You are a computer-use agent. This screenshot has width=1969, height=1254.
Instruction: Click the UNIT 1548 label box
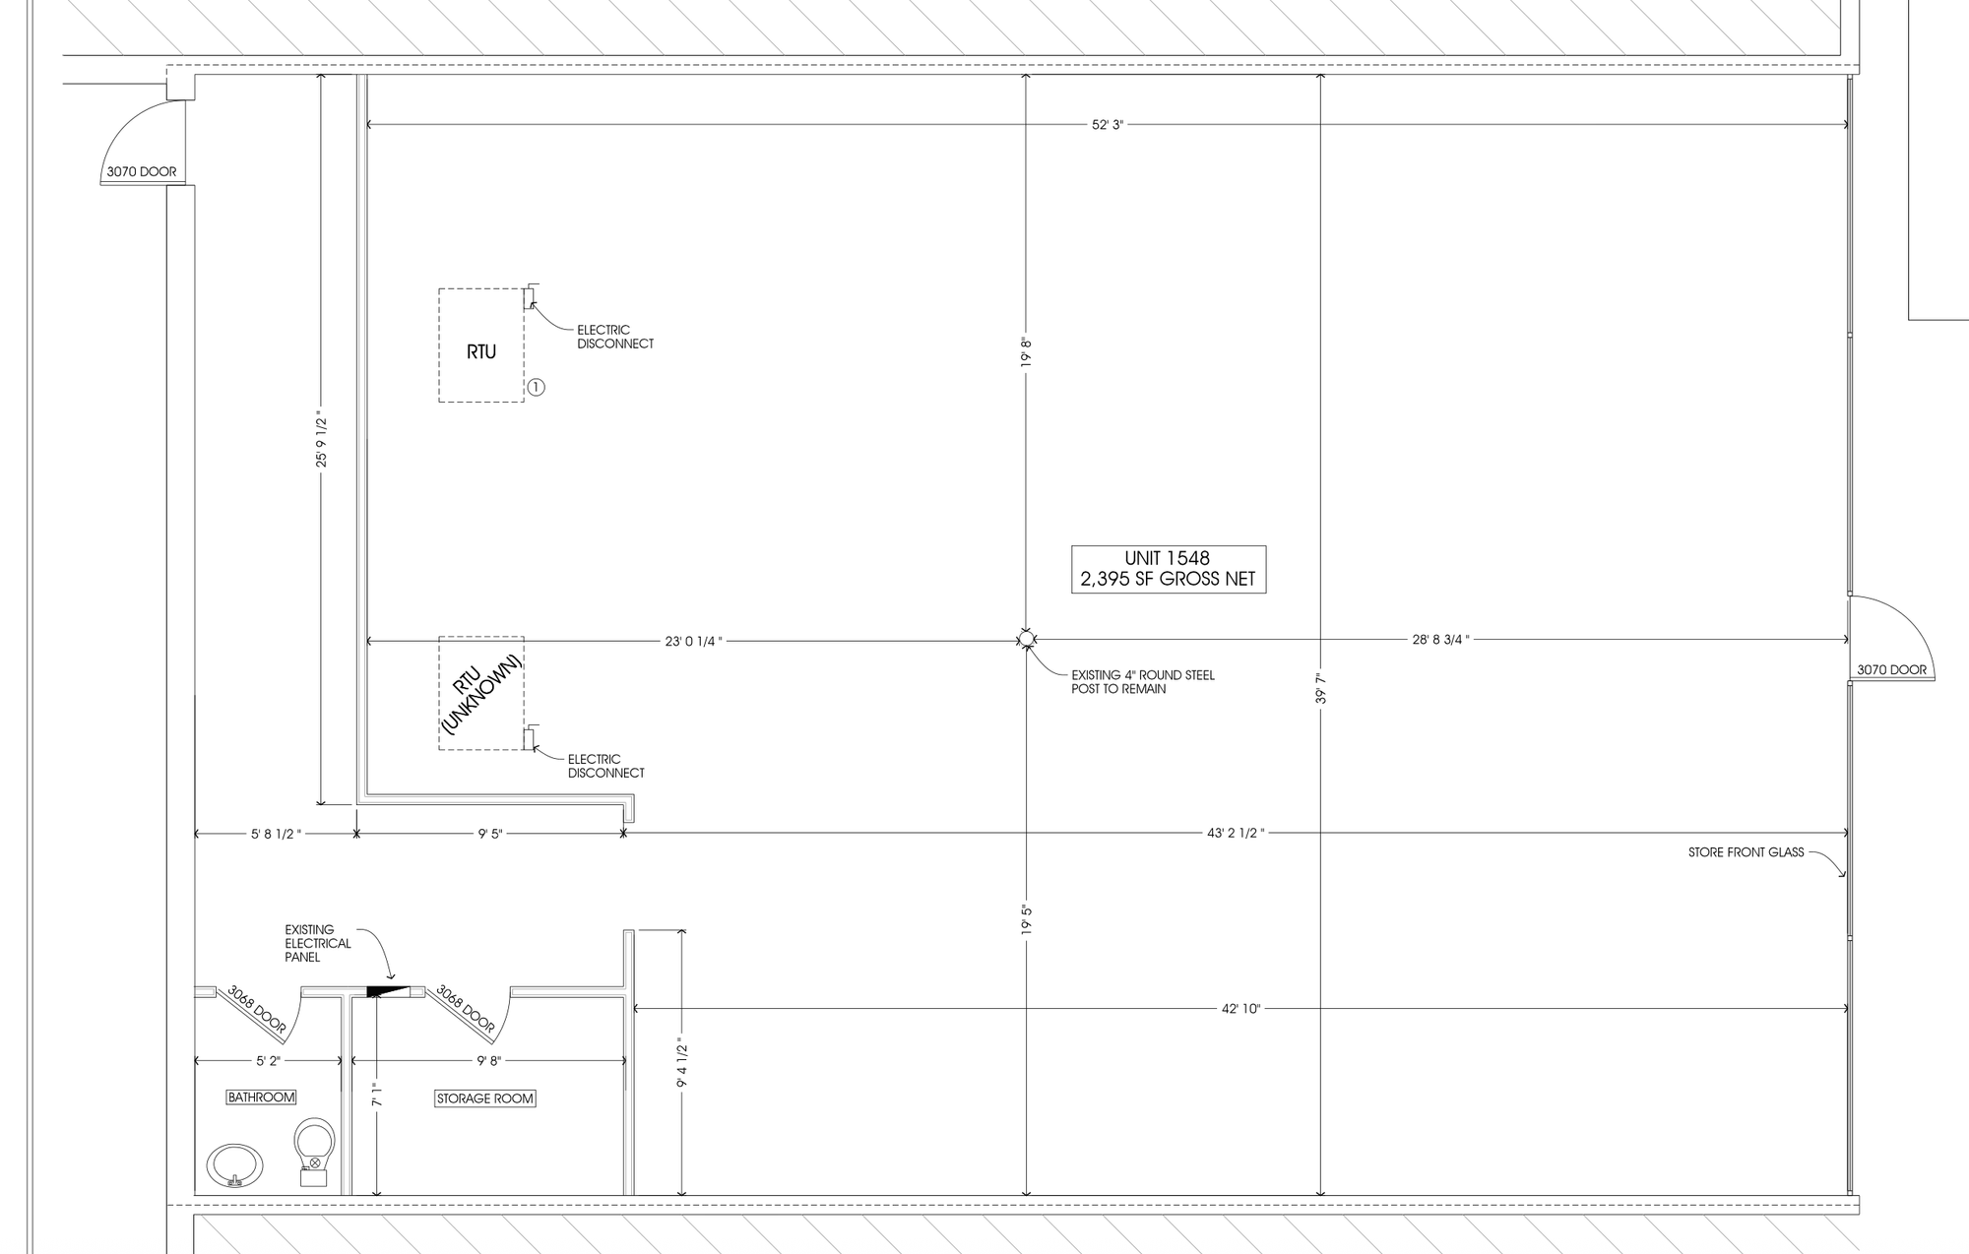(x=1169, y=570)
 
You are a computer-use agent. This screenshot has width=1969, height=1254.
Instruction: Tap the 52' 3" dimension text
(x=1108, y=125)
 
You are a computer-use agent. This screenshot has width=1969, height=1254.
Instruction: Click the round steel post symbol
(x=1026, y=640)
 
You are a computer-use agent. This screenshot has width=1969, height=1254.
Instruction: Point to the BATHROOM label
(x=261, y=1097)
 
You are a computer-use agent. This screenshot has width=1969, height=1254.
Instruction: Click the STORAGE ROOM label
(x=485, y=1098)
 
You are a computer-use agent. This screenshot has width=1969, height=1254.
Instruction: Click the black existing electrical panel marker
(x=387, y=990)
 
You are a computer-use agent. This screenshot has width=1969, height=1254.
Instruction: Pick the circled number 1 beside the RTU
(x=536, y=388)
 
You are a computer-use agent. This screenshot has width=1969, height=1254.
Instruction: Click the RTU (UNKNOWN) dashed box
(x=481, y=693)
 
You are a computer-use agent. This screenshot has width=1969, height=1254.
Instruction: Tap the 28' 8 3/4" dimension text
(x=1440, y=640)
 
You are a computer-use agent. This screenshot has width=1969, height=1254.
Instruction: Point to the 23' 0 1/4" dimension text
(x=693, y=642)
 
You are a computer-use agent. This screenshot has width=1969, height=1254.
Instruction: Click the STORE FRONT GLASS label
(x=1747, y=852)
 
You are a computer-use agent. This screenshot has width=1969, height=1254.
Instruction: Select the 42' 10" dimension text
(x=1240, y=1009)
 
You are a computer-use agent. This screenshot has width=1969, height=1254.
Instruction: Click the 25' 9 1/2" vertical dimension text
(x=321, y=440)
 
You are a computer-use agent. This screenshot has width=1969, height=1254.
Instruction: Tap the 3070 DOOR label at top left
(x=142, y=171)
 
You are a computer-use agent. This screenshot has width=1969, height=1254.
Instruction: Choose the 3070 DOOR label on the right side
(x=1892, y=670)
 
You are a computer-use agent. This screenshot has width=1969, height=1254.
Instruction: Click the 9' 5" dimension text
(x=490, y=835)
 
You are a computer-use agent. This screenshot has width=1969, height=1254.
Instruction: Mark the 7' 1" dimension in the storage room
(x=375, y=1096)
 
